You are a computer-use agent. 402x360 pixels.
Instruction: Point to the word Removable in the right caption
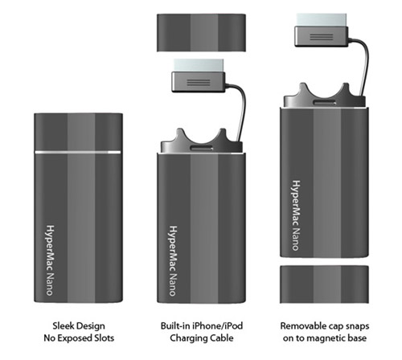300,326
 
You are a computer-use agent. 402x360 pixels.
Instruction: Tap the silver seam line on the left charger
78,152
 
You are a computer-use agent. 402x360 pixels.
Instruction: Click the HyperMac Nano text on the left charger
50,260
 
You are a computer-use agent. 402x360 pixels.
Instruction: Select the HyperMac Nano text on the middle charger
173,261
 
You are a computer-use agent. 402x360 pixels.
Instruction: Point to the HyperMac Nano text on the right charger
296,215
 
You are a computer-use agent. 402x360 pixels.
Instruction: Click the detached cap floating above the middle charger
201,33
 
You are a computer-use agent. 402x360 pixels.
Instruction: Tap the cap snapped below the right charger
324,284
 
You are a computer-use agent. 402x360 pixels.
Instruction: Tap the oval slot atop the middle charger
202,148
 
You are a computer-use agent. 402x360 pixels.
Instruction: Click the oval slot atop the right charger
325,102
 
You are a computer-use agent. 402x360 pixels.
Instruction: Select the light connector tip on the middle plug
199,66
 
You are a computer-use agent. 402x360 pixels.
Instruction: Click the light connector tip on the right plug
322,20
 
